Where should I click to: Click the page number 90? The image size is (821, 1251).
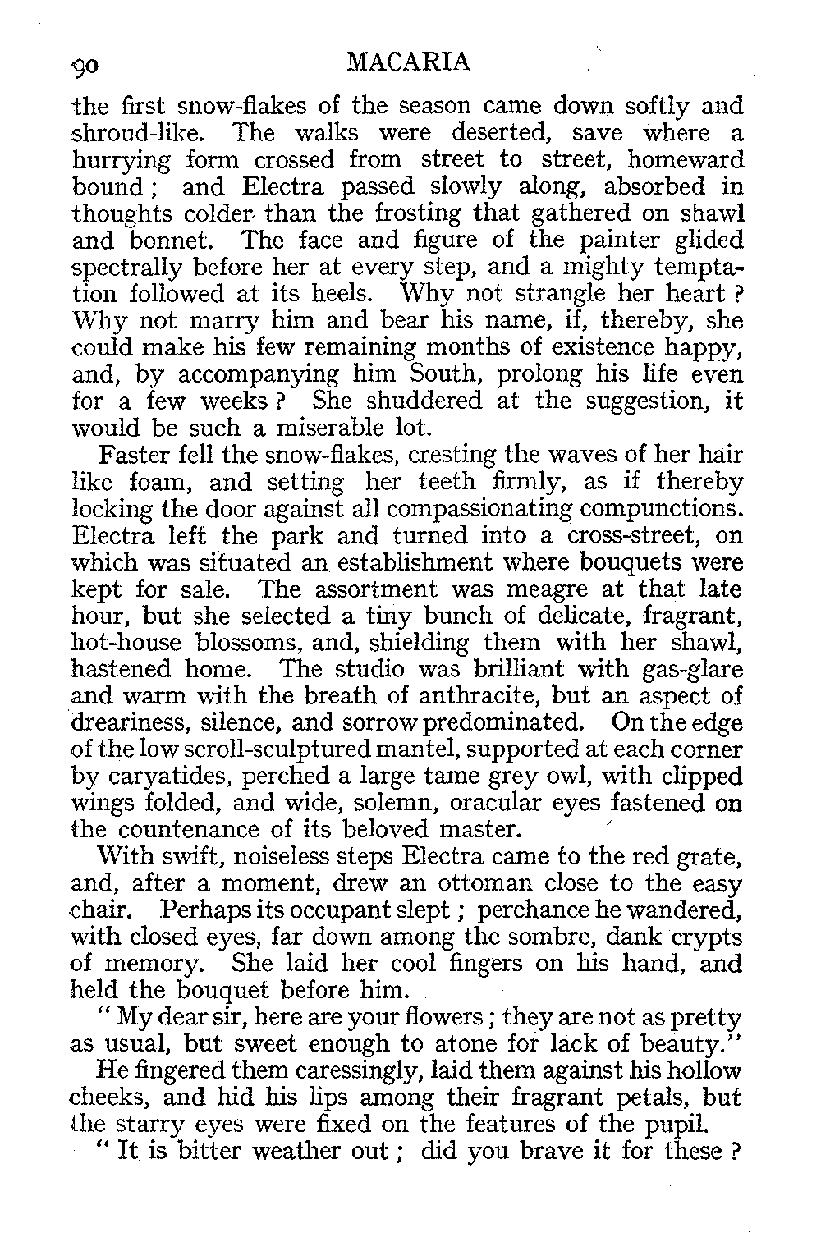[85, 64]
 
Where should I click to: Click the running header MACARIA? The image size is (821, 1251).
[409, 62]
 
